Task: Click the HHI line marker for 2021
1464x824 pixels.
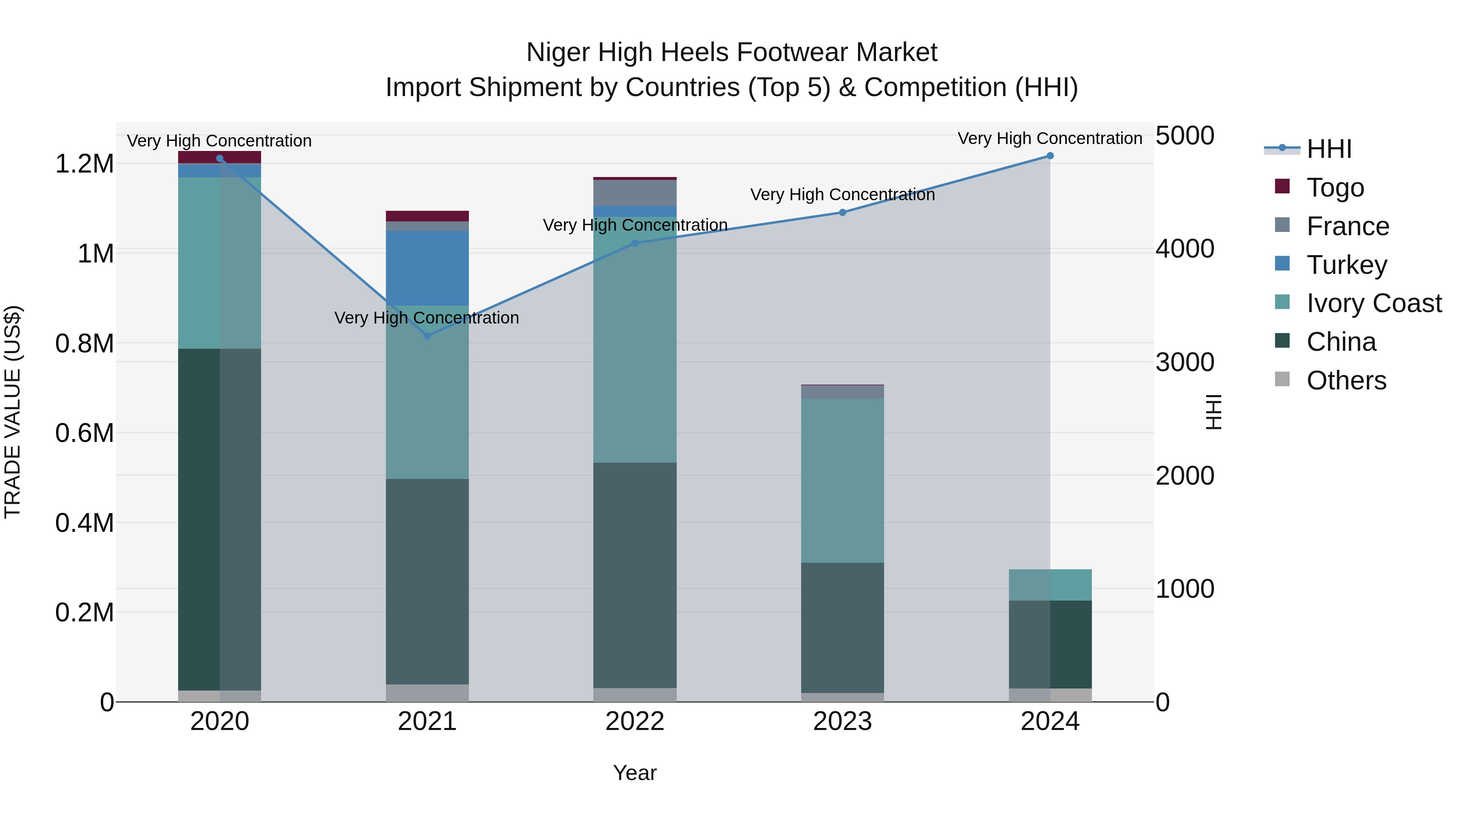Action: [x=427, y=336]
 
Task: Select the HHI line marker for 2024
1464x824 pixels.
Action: [x=1050, y=156]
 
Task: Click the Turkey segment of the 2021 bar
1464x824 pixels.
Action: [x=427, y=267]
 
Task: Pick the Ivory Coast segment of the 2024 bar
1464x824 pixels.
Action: [x=1050, y=585]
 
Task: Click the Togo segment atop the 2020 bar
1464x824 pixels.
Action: [x=219, y=157]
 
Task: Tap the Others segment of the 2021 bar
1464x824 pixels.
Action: [x=427, y=693]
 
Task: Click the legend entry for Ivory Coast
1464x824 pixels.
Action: [x=1374, y=303]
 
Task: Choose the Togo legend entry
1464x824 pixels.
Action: [x=1335, y=188]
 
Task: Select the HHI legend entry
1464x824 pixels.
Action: [x=1329, y=149]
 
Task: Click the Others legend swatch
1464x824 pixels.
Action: [x=1282, y=379]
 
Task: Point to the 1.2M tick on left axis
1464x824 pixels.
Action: [x=85, y=164]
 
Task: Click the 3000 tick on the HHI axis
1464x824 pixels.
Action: [x=1185, y=362]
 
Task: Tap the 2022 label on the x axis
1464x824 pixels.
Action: [x=635, y=721]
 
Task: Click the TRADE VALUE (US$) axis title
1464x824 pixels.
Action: [x=13, y=412]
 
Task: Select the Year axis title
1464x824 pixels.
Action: [x=635, y=773]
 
